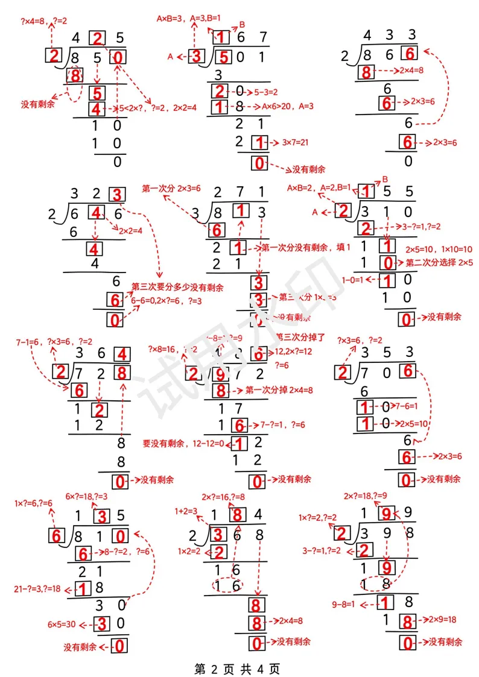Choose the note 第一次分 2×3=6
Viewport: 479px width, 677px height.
tap(172, 188)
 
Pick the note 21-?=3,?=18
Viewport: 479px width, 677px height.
tap(37, 588)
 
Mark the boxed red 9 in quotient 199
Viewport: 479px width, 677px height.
tap(386, 514)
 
